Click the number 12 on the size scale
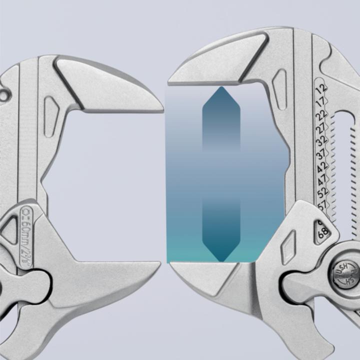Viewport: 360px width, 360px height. click(321, 88)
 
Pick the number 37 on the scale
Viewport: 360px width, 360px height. click(321, 154)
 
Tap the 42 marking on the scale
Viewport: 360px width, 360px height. click(321, 167)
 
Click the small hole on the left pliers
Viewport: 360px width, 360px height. click(5, 93)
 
